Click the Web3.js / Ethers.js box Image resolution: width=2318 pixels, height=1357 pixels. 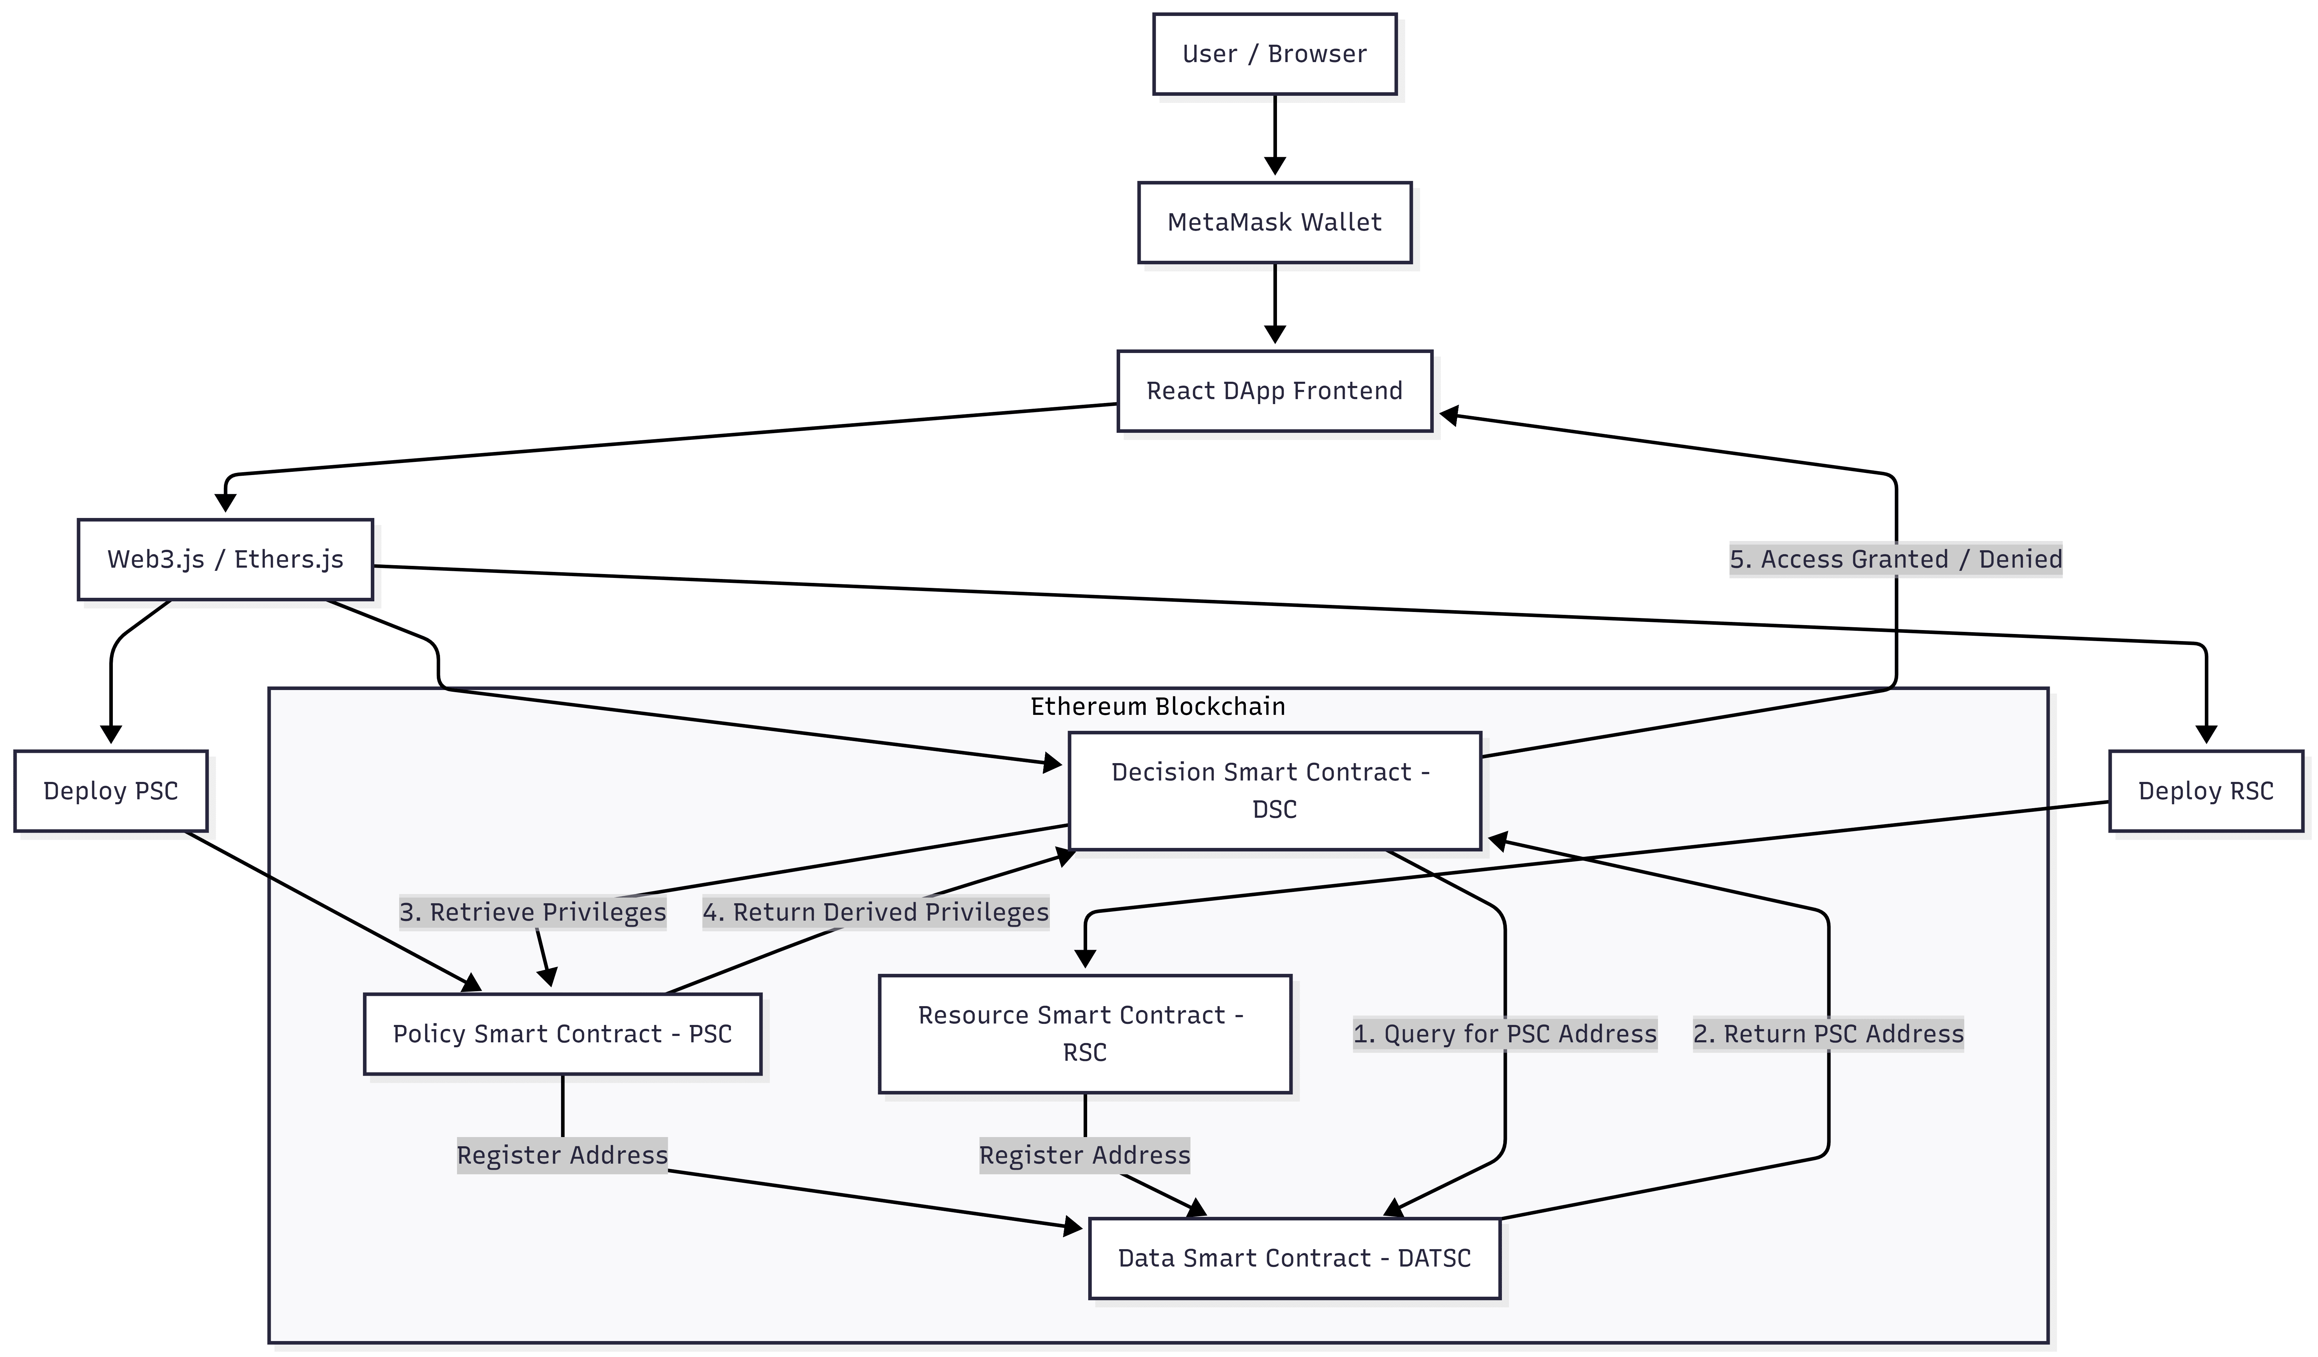[x=225, y=559]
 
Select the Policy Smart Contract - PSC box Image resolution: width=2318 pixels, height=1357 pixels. [x=562, y=1033]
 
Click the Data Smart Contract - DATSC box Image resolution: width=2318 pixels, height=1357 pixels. [x=1294, y=1258]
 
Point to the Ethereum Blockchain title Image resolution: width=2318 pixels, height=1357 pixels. [x=1157, y=706]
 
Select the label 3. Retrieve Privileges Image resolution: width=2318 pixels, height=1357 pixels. [x=533, y=912]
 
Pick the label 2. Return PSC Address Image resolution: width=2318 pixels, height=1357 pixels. [x=1828, y=1033]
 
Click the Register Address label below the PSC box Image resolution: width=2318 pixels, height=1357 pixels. [x=562, y=1154]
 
